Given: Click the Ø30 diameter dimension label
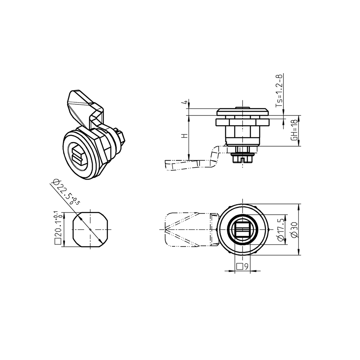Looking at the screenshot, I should pyautogui.click(x=295, y=230).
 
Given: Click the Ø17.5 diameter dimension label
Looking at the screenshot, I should pyautogui.click(x=281, y=230).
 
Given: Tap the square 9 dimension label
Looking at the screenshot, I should pyautogui.click(x=243, y=266).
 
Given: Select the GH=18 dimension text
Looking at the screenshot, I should pyautogui.click(x=295, y=130).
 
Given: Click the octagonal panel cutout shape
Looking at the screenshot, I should pyautogui.click(x=91, y=229).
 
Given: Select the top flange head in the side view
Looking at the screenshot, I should pyautogui.click(x=243, y=112).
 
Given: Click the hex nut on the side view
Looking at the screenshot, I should pyautogui.click(x=243, y=122).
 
